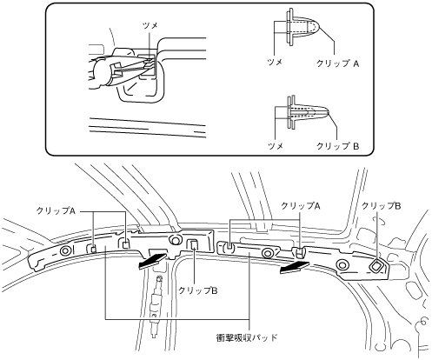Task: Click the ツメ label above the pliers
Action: pos(150,26)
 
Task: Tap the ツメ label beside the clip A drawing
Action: pos(275,62)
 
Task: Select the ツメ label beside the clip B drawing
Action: pos(276,146)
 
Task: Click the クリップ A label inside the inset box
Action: pos(337,63)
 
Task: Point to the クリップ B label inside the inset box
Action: pos(337,146)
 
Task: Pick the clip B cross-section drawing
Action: pos(308,113)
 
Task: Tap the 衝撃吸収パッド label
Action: pos(247,337)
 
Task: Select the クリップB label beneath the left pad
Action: pos(198,290)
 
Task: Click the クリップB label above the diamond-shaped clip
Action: pos(382,206)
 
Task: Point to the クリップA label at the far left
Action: pos(56,211)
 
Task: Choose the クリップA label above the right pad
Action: pos(301,206)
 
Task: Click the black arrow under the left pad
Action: pos(152,260)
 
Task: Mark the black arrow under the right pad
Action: pos(295,266)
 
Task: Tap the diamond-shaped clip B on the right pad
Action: pos(376,265)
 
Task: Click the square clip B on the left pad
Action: pos(193,245)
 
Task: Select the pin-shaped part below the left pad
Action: pos(156,306)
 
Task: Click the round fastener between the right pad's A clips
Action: pos(268,253)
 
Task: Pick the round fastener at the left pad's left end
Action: pos(65,251)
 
